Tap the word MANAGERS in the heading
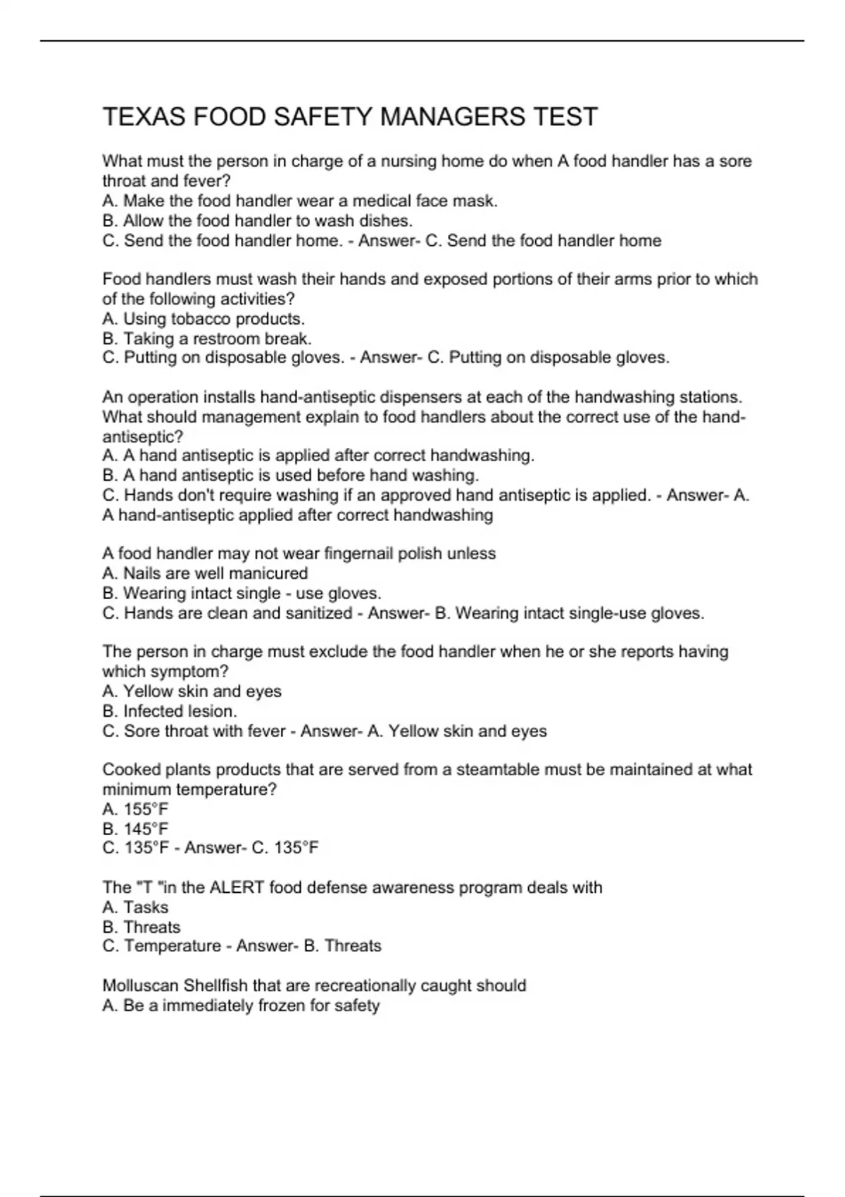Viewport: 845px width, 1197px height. pos(452,117)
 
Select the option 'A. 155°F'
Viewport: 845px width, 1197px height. pos(135,809)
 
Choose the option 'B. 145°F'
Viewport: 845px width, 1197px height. pos(135,829)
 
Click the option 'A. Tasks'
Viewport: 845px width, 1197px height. pos(135,907)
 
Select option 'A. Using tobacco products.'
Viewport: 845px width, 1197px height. pos(204,319)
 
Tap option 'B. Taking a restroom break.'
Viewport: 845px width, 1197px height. pos(207,339)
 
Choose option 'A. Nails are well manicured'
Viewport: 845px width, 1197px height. pos(205,573)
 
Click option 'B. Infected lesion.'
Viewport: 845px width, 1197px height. pos(170,711)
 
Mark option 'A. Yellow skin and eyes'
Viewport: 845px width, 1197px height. pos(192,691)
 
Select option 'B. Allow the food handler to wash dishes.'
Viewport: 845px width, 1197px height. pos(257,220)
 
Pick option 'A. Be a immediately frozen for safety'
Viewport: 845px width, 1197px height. pos(241,1005)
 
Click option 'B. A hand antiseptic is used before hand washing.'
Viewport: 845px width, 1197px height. pos(290,475)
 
